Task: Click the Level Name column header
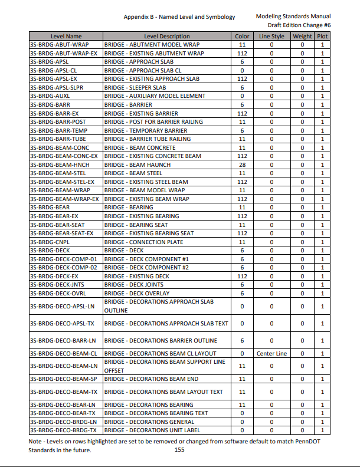pos(66,37)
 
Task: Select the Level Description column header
pos(167,37)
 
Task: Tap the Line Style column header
pos(271,37)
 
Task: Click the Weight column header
pos(302,37)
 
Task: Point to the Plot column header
pos(322,37)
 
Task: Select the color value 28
pos(242,165)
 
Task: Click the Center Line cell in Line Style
pos(271,353)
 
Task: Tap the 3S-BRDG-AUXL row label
pos(50,96)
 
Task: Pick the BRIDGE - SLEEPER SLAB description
pos(135,88)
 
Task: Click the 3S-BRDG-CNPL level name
pos(50,242)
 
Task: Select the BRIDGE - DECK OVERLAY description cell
pos(136,293)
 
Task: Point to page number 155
pos(180,449)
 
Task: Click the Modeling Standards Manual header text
pos(293,17)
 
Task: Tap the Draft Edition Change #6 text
pos(299,25)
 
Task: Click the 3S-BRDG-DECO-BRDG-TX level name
pos(63,430)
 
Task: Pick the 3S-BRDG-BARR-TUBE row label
pos(58,139)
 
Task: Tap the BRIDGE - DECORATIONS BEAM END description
pos(151,379)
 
